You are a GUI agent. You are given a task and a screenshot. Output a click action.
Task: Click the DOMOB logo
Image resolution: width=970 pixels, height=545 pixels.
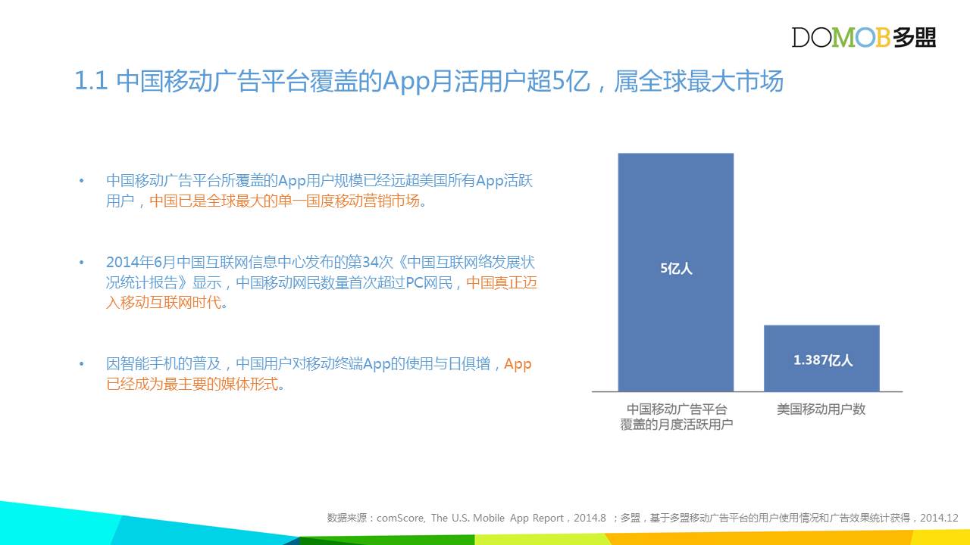tap(863, 37)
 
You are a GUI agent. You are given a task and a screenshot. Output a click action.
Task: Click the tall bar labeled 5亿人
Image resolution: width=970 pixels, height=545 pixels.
tap(675, 272)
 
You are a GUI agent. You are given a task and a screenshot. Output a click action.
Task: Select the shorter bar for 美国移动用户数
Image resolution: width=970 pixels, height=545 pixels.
tap(821, 359)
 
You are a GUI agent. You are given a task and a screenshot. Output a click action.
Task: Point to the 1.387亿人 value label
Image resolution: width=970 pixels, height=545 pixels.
tap(823, 360)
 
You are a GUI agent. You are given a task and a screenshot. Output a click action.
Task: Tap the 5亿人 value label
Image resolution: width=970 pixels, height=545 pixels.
tap(676, 269)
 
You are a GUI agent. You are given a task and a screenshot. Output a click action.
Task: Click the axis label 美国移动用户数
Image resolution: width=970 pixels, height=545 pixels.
tap(821, 410)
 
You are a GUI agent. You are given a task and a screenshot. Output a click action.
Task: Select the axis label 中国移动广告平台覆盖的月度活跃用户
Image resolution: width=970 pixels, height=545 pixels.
tap(676, 417)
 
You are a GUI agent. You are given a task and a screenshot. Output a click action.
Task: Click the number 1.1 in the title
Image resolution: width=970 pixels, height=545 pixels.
tap(91, 81)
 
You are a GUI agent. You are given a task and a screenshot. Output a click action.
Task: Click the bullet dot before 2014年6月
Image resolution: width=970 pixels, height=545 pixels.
tap(81, 262)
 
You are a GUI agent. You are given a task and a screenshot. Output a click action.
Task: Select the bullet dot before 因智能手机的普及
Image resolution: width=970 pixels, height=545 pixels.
tap(81, 364)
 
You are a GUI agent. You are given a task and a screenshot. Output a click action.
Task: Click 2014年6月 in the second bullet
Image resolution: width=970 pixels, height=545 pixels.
tap(141, 262)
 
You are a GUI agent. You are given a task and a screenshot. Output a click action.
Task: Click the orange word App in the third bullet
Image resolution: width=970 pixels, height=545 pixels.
tap(518, 365)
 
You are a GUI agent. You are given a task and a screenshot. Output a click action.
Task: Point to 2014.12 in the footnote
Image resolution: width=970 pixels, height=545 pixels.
tap(939, 518)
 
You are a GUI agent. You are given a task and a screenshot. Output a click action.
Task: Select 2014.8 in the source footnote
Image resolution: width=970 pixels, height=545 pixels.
tap(590, 518)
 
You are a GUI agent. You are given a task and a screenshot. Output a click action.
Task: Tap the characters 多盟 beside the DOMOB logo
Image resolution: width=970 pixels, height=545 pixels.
tap(914, 37)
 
